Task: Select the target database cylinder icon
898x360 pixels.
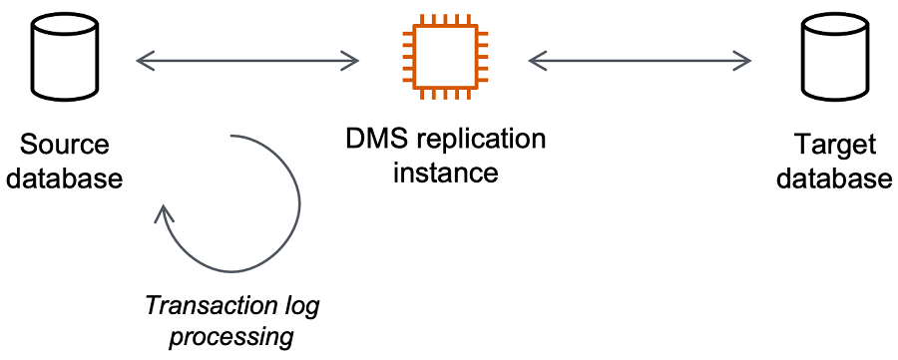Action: (x=833, y=59)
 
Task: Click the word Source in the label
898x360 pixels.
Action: (x=65, y=144)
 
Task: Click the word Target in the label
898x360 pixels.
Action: (x=834, y=144)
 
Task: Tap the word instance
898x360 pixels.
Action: (x=445, y=173)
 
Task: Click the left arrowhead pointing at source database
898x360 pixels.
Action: (x=141, y=61)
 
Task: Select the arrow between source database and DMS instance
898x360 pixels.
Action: (x=247, y=61)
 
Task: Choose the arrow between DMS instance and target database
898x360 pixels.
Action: (x=640, y=61)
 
